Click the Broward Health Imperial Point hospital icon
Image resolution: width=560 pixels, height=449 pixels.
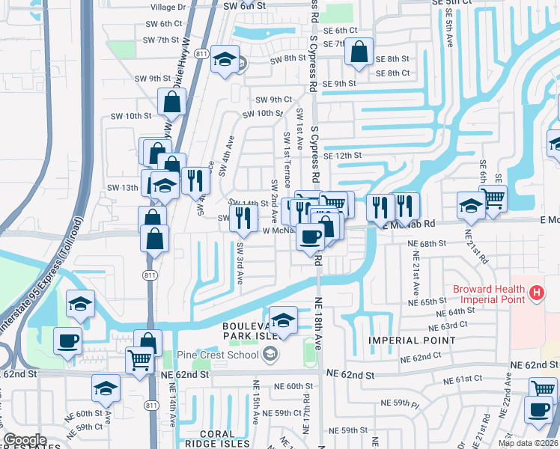[x=536, y=294]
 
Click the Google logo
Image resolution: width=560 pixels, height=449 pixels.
[x=25, y=440]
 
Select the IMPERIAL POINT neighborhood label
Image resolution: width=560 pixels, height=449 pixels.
[x=412, y=340]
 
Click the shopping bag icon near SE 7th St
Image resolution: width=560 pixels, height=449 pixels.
[x=359, y=52]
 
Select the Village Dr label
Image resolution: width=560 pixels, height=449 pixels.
[x=168, y=6]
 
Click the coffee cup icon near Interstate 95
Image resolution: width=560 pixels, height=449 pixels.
[x=67, y=341]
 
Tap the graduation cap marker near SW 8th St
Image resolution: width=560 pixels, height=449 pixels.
[x=223, y=60]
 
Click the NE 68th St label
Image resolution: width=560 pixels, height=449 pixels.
[x=427, y=244]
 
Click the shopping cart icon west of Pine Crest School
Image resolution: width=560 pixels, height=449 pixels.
[x=139, y=361]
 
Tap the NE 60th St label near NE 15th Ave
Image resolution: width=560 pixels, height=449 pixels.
[x=293, y=386]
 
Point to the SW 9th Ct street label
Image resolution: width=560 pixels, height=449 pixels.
[x=273, y=100]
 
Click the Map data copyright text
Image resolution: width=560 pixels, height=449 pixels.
[x=529, y=443]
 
